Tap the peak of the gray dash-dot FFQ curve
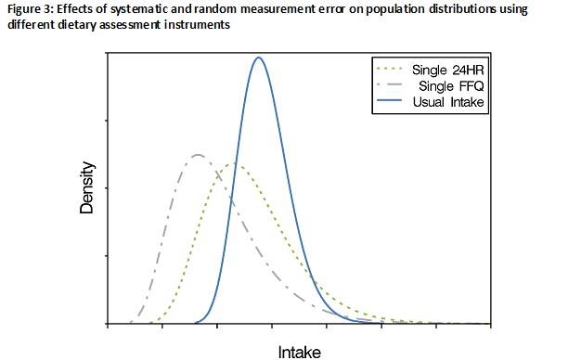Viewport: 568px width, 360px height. pos(198,154)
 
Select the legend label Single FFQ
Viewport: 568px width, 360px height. pos(453,85)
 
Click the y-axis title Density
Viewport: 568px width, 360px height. pos(87,188)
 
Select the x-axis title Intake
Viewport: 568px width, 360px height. pos(300,352)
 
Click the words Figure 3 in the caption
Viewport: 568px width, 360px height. pos(28,10)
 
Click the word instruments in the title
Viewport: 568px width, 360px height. pos(190,25)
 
